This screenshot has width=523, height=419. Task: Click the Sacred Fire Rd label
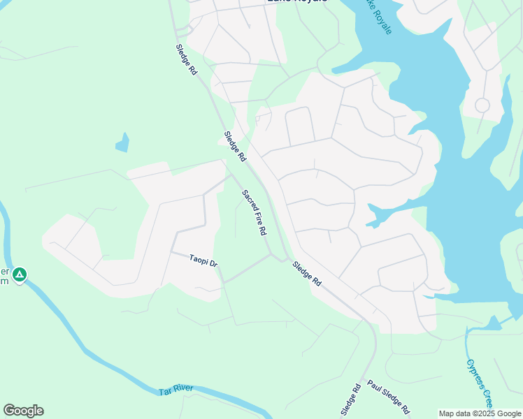pyautogui.click(x=255, y=212)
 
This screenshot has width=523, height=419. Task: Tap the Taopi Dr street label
pyautogui.click(x=203, y=261)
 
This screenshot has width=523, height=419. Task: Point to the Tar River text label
pyautogui.click(x=175, y=390)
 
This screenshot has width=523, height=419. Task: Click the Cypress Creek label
pyautogui.click(x=480, y=383)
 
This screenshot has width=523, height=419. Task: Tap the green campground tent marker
pyautogui.click(x=20, y=274)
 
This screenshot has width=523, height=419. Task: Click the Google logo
pyautogui.click(x=23, y=411)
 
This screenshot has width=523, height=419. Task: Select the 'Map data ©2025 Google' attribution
pyautogui.click(x=480, y=413)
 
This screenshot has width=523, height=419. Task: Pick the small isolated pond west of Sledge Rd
pyautogui.click(x=123, y=143)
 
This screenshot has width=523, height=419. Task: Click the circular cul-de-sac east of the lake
pyautogui.click(x=482, y=105)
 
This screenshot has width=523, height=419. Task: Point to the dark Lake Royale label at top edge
pyautogui.click(x=296, y=2)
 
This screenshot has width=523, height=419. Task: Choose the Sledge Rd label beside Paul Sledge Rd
pyautogui.click(x=351, y=399)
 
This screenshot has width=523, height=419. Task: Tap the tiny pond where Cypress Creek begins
pyautogui.click(x=493, y=323)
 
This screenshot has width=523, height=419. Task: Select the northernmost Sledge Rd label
pyautogui.click(x=187, y=61)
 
